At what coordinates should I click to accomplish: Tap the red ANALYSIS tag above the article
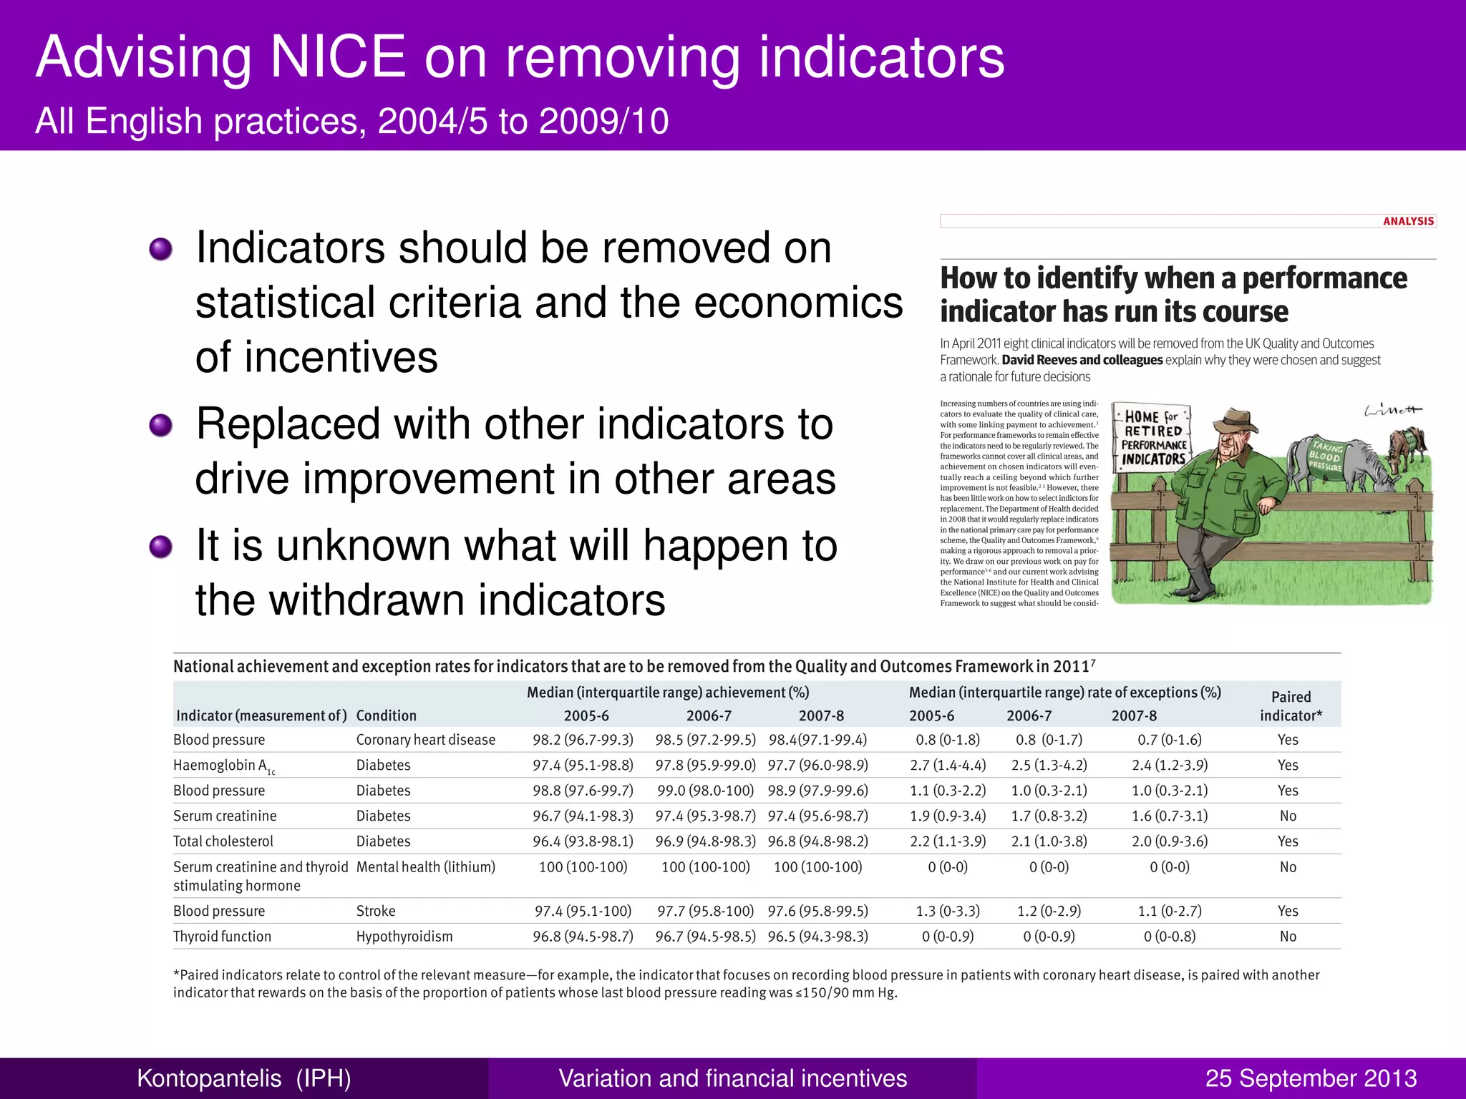point(1408,221)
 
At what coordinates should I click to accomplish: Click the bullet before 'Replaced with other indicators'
point(160,426)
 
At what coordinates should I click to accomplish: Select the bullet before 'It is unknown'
point(160,547)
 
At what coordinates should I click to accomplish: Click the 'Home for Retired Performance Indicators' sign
point(1152,438)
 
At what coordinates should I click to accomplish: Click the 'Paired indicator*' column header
point(1291,705)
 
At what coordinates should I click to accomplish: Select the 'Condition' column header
point(386,715)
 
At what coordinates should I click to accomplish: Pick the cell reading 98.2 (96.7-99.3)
point(583,740)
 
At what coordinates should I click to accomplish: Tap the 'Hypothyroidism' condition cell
point(404,937)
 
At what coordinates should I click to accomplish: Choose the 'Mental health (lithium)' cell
point(425,867)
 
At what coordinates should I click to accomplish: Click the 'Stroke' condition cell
point(376,911)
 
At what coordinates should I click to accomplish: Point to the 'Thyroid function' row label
point(222,937)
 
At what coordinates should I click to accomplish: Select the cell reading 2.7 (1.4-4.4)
point(948,766)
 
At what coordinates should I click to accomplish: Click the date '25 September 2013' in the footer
point(1311,1078)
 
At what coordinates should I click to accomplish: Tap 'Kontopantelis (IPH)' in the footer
point(244,1078)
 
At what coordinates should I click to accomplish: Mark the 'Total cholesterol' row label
point(223,841)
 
